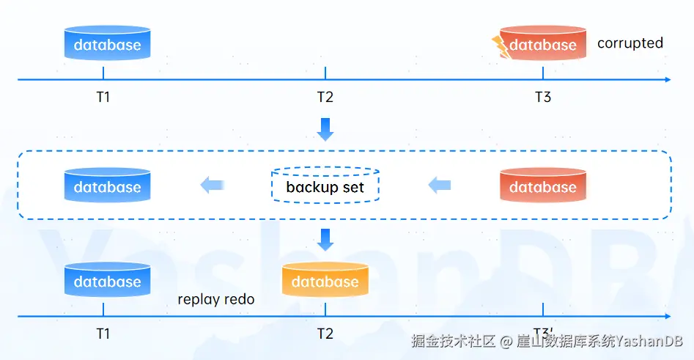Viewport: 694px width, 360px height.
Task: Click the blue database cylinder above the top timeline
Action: point(108,43)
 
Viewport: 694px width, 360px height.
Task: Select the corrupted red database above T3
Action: point(542,43)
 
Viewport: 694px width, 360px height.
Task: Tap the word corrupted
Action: point(630,43)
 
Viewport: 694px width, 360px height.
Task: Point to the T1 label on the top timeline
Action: point(103,97)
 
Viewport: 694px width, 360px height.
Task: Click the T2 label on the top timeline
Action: point(325,97)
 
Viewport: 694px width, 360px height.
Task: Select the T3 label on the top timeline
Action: point(543,97)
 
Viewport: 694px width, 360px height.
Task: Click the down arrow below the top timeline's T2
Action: point(325,129)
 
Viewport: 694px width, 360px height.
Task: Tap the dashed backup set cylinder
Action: point(325,185)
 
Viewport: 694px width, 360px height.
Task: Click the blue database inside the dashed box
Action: point(108,185)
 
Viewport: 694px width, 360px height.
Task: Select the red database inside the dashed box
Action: point(542,185)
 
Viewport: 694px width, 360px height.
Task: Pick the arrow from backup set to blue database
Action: point(213,185)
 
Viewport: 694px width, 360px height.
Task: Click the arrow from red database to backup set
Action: point(440,185)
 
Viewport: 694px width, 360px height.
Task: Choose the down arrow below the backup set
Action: point(325,240)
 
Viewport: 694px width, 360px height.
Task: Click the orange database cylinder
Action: point(325,279)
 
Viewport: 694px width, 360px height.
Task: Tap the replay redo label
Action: point(216,299)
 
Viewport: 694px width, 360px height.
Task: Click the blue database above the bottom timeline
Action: point(108,279)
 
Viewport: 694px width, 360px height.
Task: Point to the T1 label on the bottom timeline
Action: point(103,334)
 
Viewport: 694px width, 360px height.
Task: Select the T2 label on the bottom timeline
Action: point(325,334)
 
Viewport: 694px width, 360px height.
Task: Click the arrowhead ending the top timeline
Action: point(668,80)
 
